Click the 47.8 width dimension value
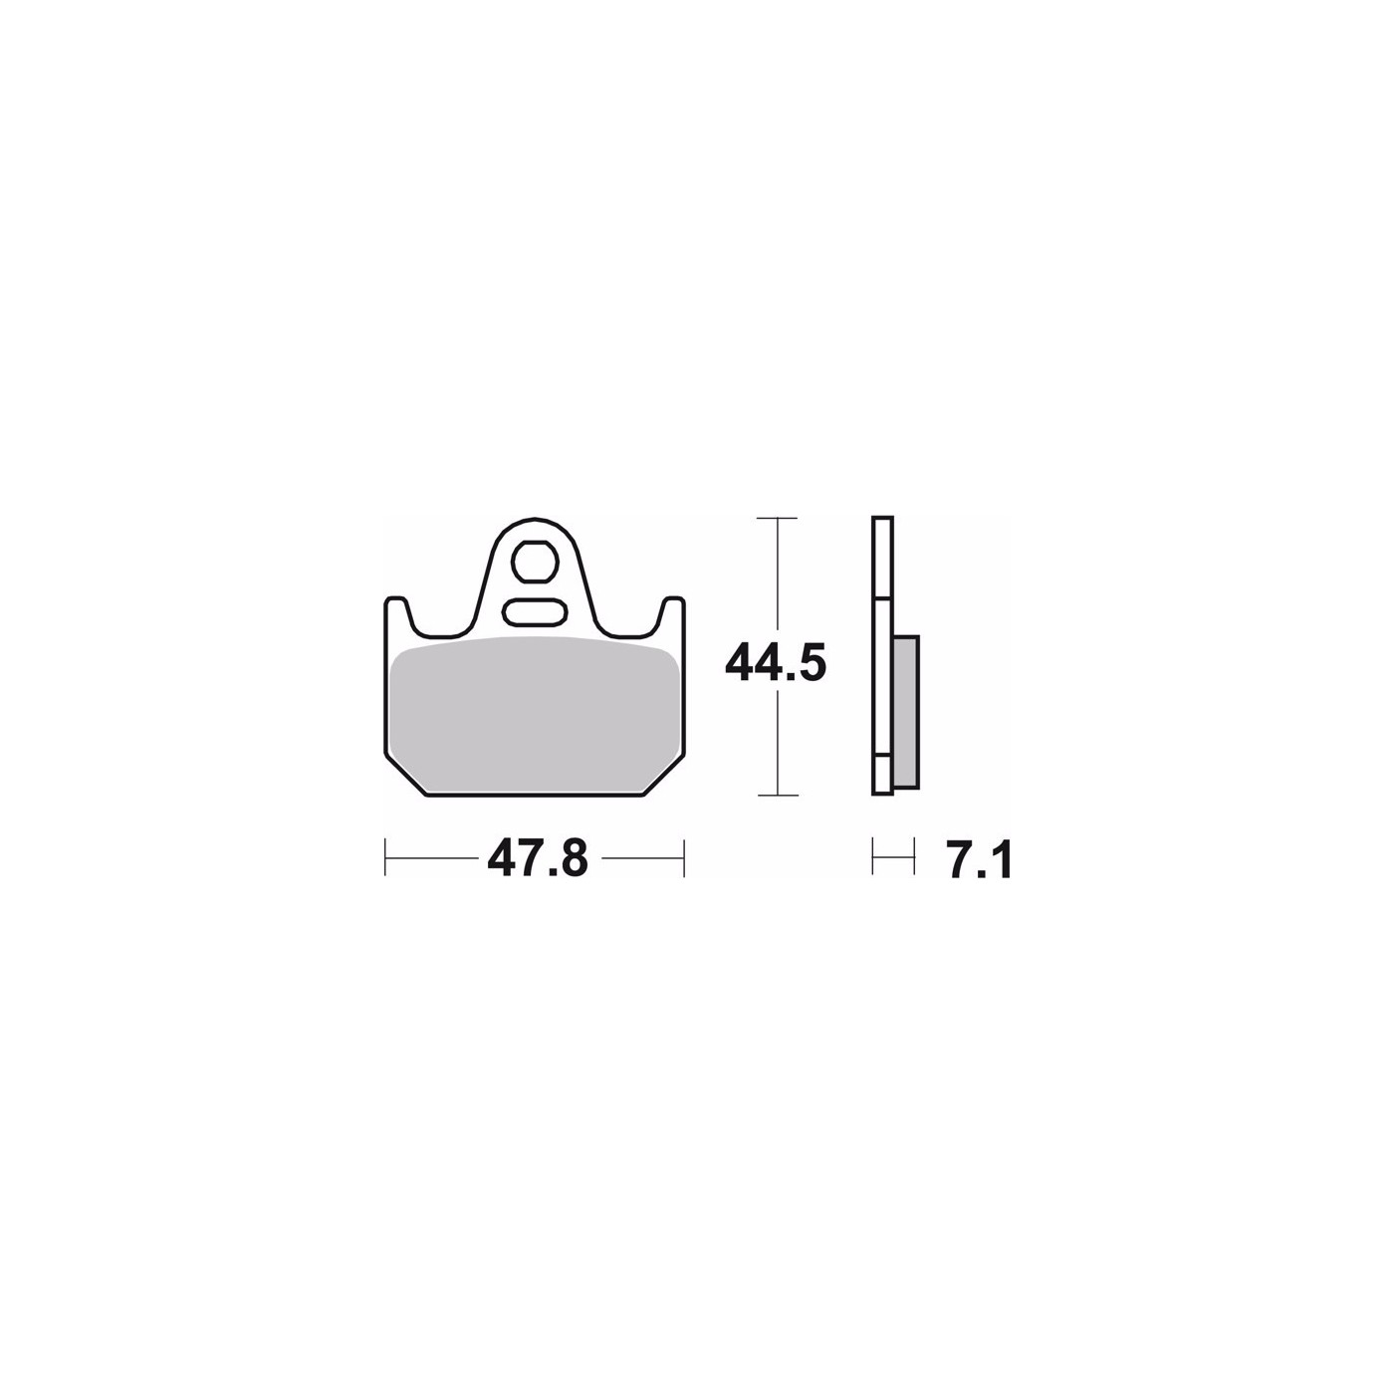pos(538,858)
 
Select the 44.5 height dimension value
pos(776,663)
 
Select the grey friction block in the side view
pos(906,711)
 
